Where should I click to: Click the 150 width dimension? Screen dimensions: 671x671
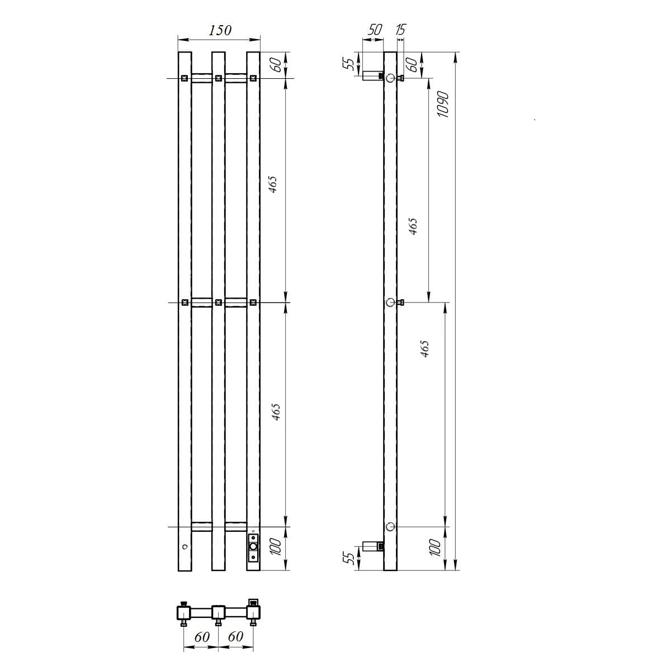click(220, 30)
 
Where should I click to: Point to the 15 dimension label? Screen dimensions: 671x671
click(400, 30)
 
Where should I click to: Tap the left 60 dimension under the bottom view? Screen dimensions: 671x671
click(201, 637)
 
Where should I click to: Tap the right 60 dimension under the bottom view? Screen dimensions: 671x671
click(235, 637)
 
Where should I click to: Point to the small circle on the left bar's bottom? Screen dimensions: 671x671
click(185, 546)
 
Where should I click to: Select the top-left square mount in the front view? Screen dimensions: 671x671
click(185, 78)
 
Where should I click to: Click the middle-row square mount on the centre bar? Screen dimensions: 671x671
click(218, 303)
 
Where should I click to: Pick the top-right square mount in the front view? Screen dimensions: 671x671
click(253, 78)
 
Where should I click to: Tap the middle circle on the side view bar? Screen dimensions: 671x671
click(390, 303)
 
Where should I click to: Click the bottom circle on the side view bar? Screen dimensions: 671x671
click(390, 527)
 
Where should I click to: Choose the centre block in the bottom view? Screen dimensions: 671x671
click(218, 612)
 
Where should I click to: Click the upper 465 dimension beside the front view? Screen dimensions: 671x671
click(273, 184)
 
